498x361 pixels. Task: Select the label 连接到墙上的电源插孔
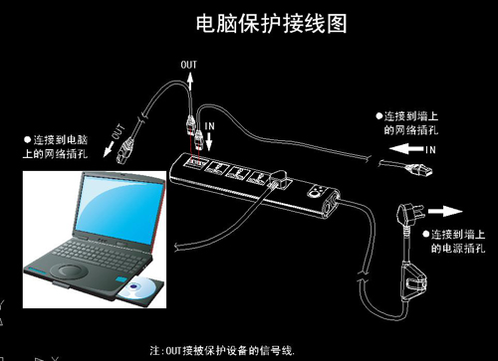[458, 240]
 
